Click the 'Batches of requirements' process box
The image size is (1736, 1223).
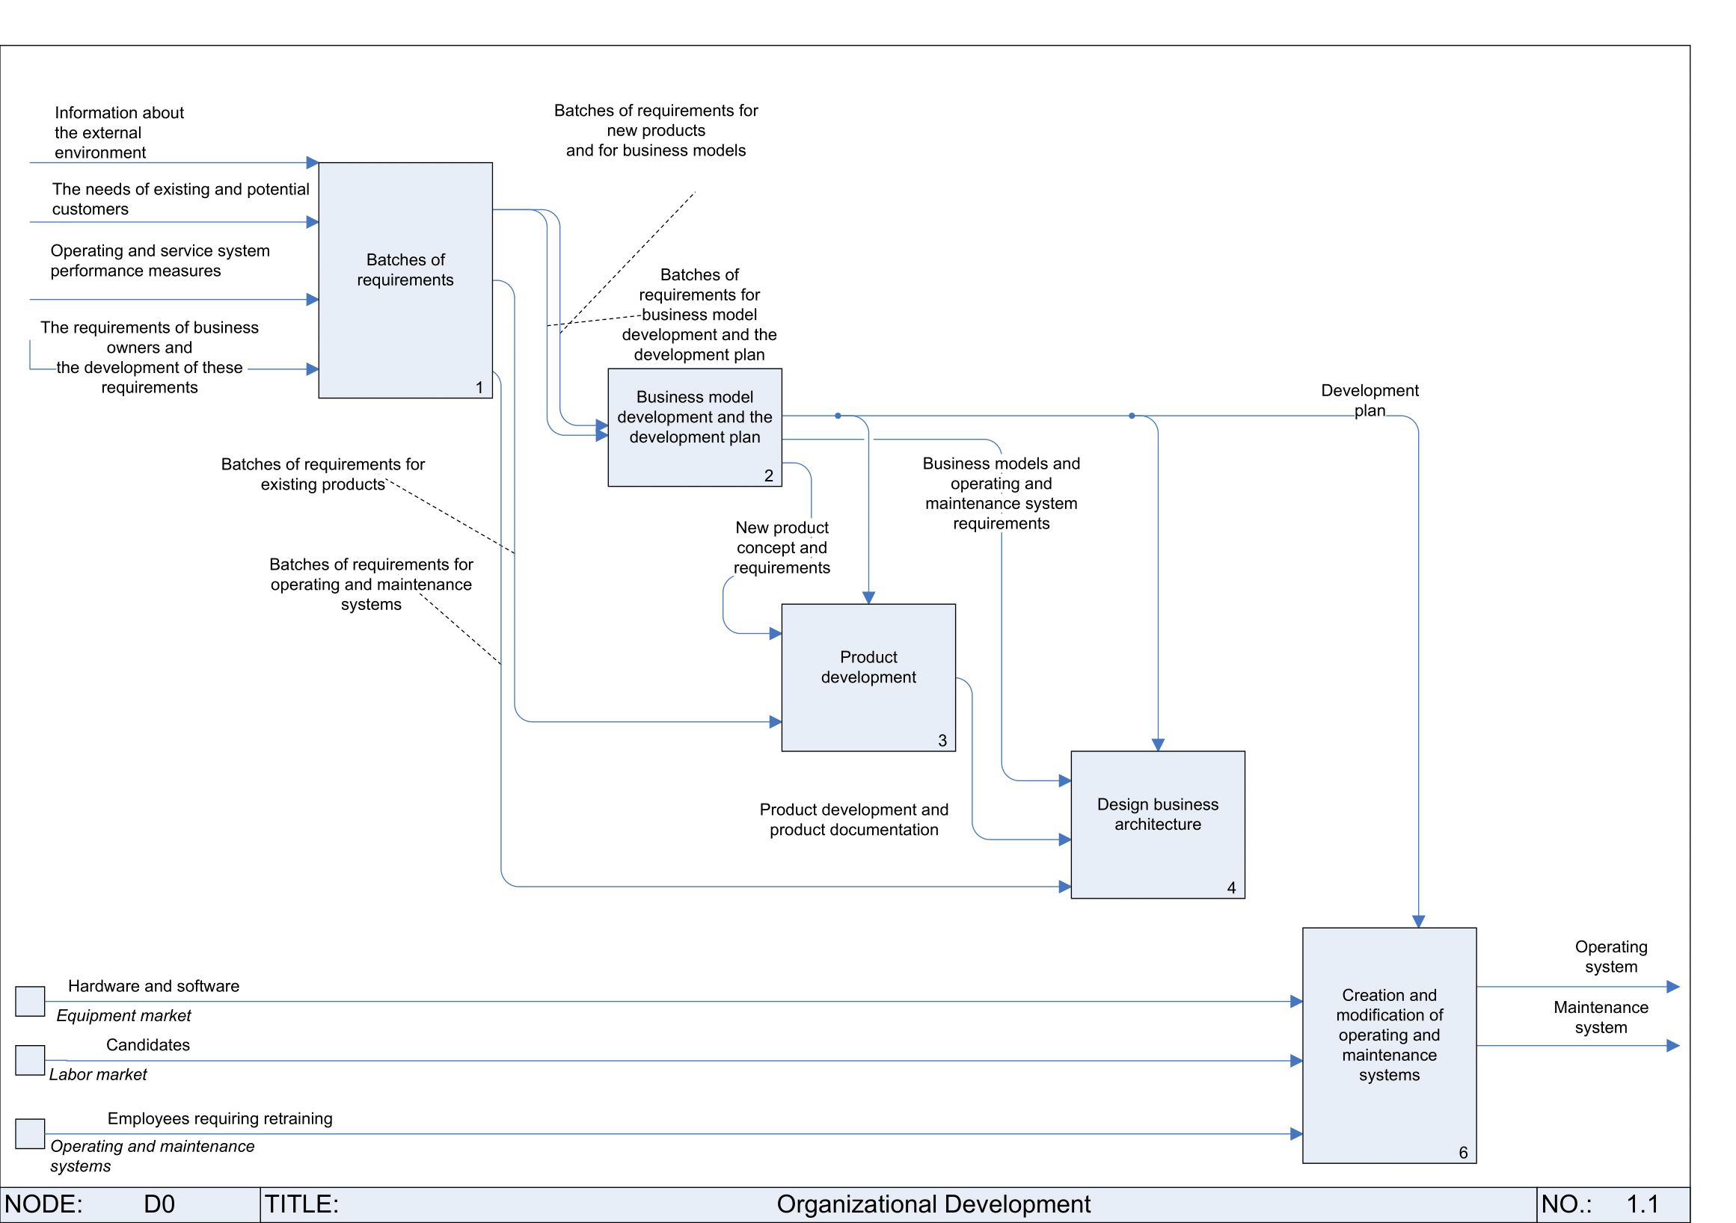tap(405, 280)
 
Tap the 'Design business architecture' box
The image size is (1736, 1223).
tap(1158, 825)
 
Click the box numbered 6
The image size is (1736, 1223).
tap(1389, 1045)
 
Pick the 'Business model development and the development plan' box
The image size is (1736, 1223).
tap(695, 427)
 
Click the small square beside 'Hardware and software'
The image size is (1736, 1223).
tap(30, 1002)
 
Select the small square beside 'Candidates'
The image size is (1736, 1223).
tap(30, 1061)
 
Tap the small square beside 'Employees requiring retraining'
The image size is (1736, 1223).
tap(30, 1134)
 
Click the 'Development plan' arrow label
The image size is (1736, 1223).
tap(1370, 401)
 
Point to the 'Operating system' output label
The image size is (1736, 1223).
tap(1610, 957)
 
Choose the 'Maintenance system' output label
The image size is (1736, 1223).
tap(1601, 1017)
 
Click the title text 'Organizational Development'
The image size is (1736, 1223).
tap(933, 1204)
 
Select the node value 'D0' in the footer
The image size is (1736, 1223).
tap(159, 1204)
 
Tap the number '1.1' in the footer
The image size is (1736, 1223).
tap(1643, 1204)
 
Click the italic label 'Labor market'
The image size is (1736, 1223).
tap(98, 1075)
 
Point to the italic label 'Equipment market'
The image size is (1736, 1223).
tap(123, 1016)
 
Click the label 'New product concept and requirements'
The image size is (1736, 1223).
tap(782, 547)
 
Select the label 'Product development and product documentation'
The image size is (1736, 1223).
tap(853, 819)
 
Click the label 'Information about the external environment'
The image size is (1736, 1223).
tap(119, 132)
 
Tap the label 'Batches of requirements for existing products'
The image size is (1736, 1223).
tap(323, 474)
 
